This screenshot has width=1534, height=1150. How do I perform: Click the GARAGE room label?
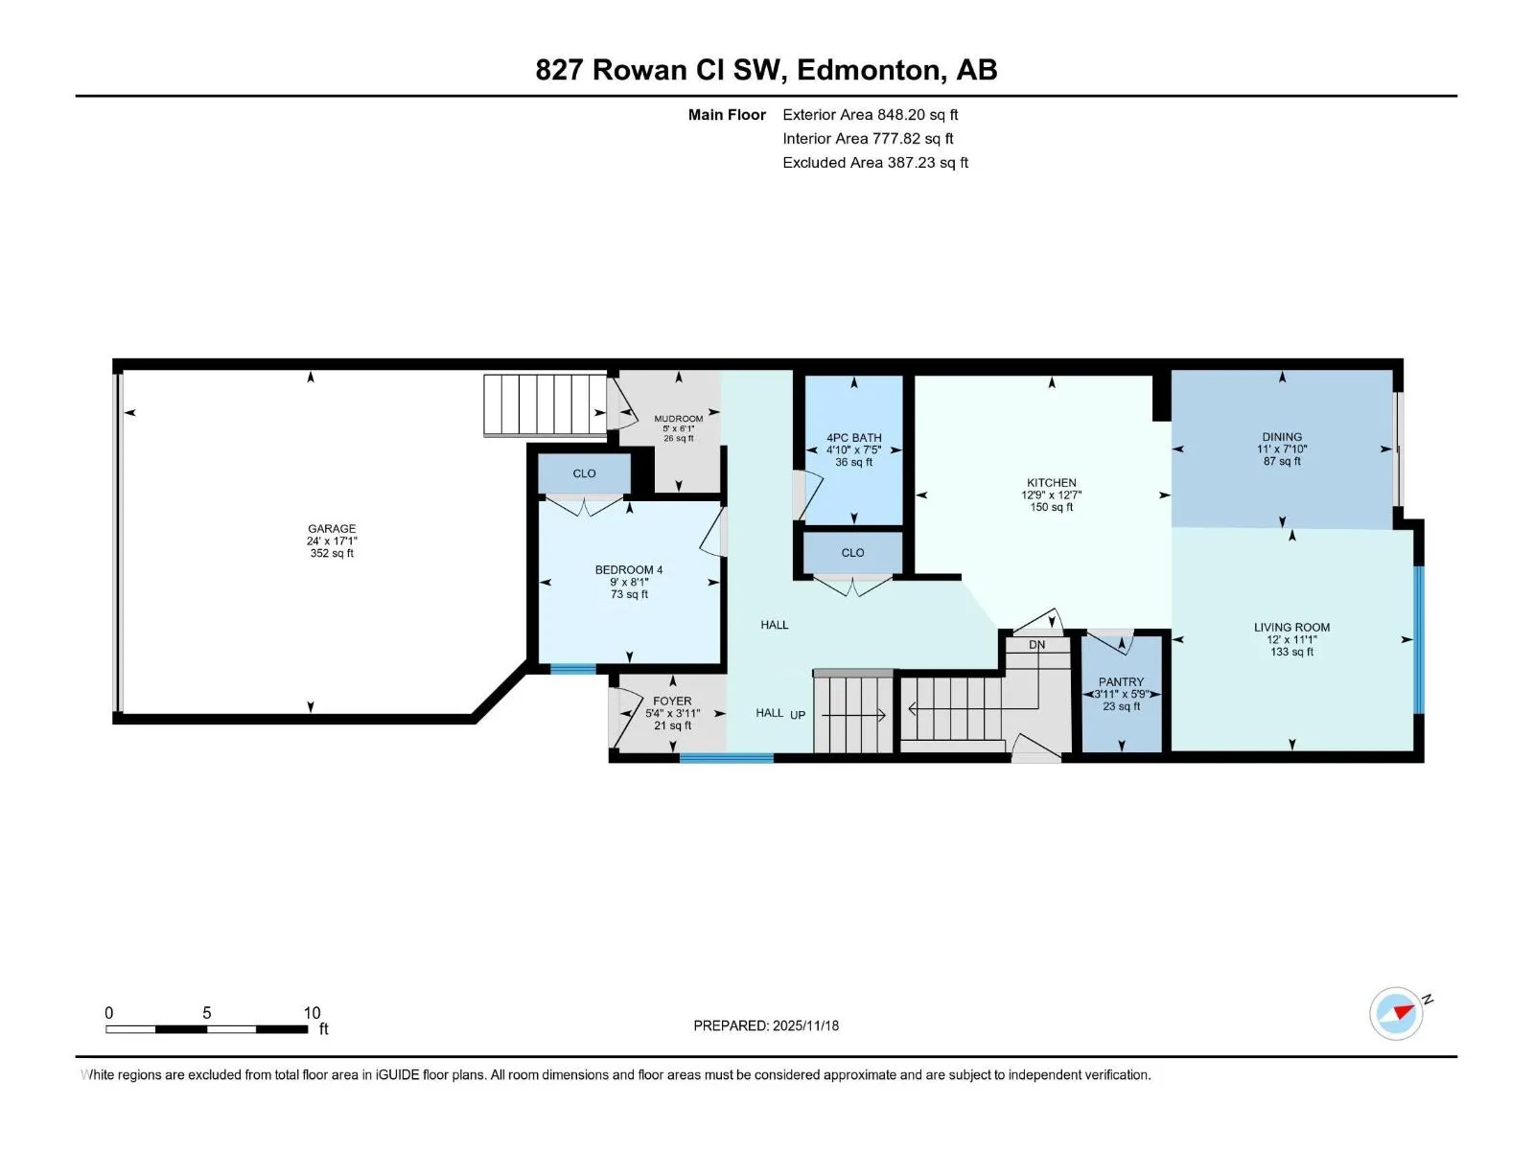click(332, 529)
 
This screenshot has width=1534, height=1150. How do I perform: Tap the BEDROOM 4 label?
click(628, 570)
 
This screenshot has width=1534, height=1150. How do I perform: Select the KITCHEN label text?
click(1051, 482)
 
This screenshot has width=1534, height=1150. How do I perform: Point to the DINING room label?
click(1282, 437)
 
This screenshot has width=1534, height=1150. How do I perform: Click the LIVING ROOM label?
click(1291, 627)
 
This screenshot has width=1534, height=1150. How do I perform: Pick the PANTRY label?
click(1121, 681)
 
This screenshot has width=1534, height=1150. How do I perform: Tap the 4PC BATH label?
click(853, 438)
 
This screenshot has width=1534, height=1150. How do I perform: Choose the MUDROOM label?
click(679, 418)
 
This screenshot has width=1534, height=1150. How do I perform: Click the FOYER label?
click(672, 701)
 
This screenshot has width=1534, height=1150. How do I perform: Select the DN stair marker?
click(1037, 644)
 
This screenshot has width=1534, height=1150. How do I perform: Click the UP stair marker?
click(798, 714)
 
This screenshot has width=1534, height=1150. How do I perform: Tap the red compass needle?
click(1404, 1012)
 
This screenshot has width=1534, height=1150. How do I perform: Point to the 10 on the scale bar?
click(312, 1012)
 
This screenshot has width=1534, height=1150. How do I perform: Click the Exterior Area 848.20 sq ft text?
click(871, 114)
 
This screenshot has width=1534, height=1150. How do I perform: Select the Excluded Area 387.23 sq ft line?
click(875, 163)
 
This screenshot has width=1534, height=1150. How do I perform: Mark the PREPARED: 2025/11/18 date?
click(766, 1025)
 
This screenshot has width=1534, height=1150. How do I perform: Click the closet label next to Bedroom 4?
click(584, 473)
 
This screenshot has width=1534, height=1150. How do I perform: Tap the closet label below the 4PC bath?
click(852, 552)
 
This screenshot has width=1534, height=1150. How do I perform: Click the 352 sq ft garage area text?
click(332, 553)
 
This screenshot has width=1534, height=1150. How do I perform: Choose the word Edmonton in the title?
click(869, 70)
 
